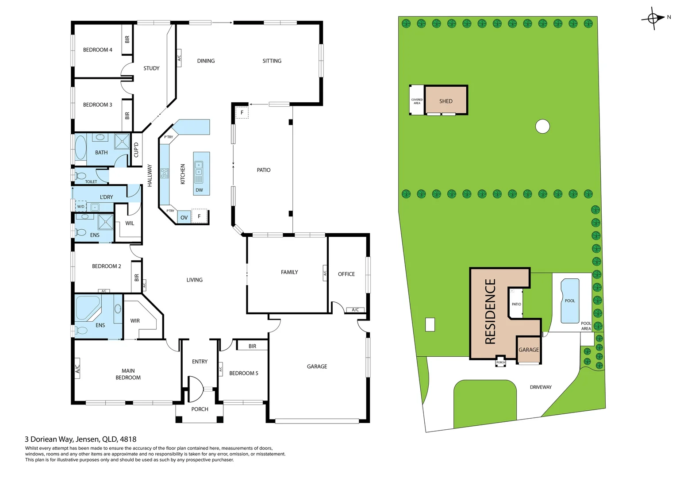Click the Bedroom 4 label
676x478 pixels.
pyautogui.click(x=97, y=50)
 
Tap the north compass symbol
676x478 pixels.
pyautogui.click(x=653, y=18)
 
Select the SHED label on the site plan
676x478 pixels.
pyautogui.click(x=446, y=101)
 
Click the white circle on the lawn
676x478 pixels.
pyautogui.click(x=542, y=127)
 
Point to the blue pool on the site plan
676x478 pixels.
pyautogui.click(x=569, y=301)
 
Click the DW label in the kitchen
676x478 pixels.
pyautogui.click(x=199, y=190)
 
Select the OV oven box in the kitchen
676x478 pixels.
pyautogui.click(x=184, y=217)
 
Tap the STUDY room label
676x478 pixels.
pyautogui.click(x=151, y=68)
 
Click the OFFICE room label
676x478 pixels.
pyautogui.click(x=346, y=274)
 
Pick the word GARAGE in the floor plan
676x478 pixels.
pyautogui.click(x=317, y=366)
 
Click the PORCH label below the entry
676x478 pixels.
pyautogui.click(x=200, y=409)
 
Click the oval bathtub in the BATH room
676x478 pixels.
pyautogui.click(x=81, y=148)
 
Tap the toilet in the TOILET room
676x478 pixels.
pyautogui.click(x=81, y=176)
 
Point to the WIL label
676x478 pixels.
pyautogui.click(x=130, y=223)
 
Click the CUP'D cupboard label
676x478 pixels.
pyautogui.click(x=136, y=150)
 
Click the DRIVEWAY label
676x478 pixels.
pyautogui.click(x=541, y=387)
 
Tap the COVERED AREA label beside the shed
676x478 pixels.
pyautogui.click(x=417, y=101)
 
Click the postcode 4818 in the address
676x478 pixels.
pyautogui.click(x=128, y=439)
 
